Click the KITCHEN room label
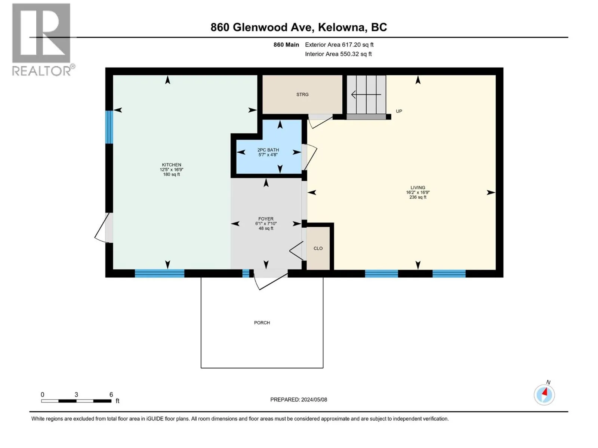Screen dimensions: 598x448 tap(171, 165)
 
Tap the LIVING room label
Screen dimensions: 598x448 tap(417, 188)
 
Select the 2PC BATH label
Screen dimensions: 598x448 tap(268, 150)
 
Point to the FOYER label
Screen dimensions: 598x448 tap(266, 219)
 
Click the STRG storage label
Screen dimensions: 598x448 tap(302, 95)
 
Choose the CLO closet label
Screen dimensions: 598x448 tap(318, 248)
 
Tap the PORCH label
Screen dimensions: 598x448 tap(262, 323)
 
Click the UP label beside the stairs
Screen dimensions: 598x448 tap(399, 111)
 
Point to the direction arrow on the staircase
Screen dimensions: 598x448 tap(366, 95)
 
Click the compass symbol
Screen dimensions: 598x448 tap(544, 395)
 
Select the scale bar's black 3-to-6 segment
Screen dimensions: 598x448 tap(102, 401)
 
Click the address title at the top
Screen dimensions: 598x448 tap(299, 27)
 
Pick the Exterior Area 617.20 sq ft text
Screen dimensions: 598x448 tap(339, 45)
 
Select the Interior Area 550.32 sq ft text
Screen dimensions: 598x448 tap(338, 54)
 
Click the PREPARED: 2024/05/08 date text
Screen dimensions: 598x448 tap(299, 399)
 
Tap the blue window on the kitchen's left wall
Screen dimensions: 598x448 tap(109, 127)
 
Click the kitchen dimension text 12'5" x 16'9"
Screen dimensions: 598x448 tap(171, 170)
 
